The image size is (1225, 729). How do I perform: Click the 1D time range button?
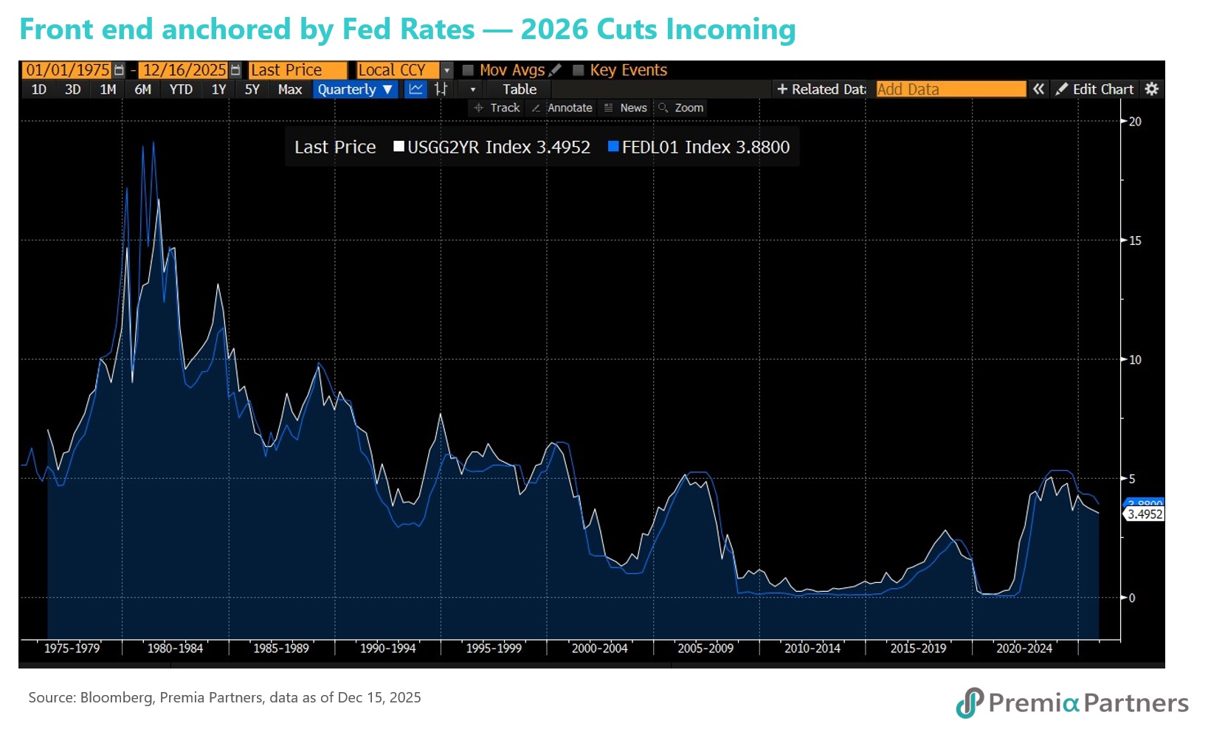click(x=39, y=89)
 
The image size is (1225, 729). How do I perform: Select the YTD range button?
click(x=181, y=89)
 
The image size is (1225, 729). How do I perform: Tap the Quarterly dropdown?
click(x=355, y=89)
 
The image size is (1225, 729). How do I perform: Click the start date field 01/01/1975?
click(x=67, y=70)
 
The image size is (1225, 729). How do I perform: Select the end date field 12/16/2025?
click(x=184, y=70)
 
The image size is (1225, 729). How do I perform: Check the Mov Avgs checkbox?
click(x=468, y=70)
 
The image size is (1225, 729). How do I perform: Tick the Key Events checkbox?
click(x=579, y=70)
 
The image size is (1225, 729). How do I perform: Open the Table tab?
click(x=520, y=89)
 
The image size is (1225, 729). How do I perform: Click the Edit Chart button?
click(x=1095, y=89)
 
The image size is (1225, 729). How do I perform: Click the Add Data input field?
click(x=950, y=89)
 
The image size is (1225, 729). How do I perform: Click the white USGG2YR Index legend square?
click(x=399, y=146)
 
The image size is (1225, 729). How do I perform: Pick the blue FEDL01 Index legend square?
click(x=613, y=146)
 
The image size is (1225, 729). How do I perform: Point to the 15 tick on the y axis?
click(x=1134, y=241)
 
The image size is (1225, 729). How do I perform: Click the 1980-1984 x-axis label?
click(x=175, y=649)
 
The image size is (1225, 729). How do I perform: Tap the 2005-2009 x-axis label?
click(x=705, y=649)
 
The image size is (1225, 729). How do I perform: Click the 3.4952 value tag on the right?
click(x=1145, y=514)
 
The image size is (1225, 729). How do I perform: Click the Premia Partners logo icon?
click(x=970, y=702)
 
